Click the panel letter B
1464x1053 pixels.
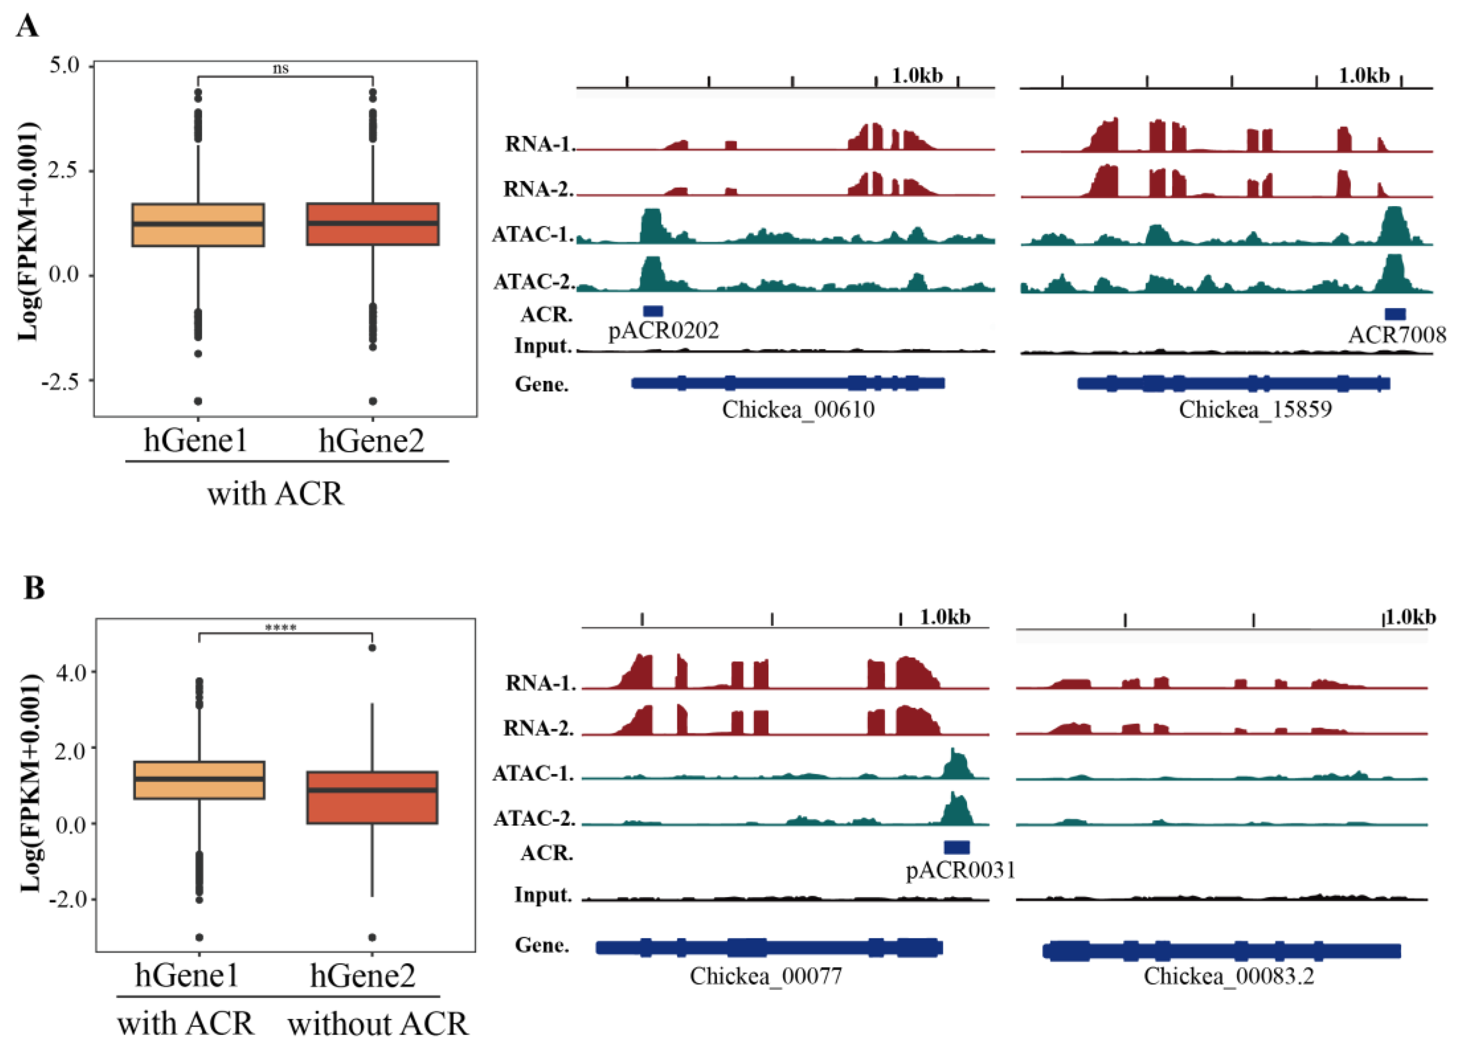[x=34, y=588]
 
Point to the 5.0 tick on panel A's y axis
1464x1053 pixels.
[x=64, y=65]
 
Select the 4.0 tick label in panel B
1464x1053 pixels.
[x=71, y=673]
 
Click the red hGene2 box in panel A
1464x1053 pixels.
[x=373, y=224]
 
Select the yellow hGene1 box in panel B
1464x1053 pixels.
[x=199, y=780]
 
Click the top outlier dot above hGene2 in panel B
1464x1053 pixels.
[x=372, y=648]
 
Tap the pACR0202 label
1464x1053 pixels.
[x=663, y=330]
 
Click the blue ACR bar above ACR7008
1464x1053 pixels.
[x=1395, y=314]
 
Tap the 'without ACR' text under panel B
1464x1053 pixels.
[x=377, y=1024]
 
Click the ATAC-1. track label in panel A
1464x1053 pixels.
[x=533, y=234]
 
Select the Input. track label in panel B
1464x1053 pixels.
[x=543, y=895]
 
